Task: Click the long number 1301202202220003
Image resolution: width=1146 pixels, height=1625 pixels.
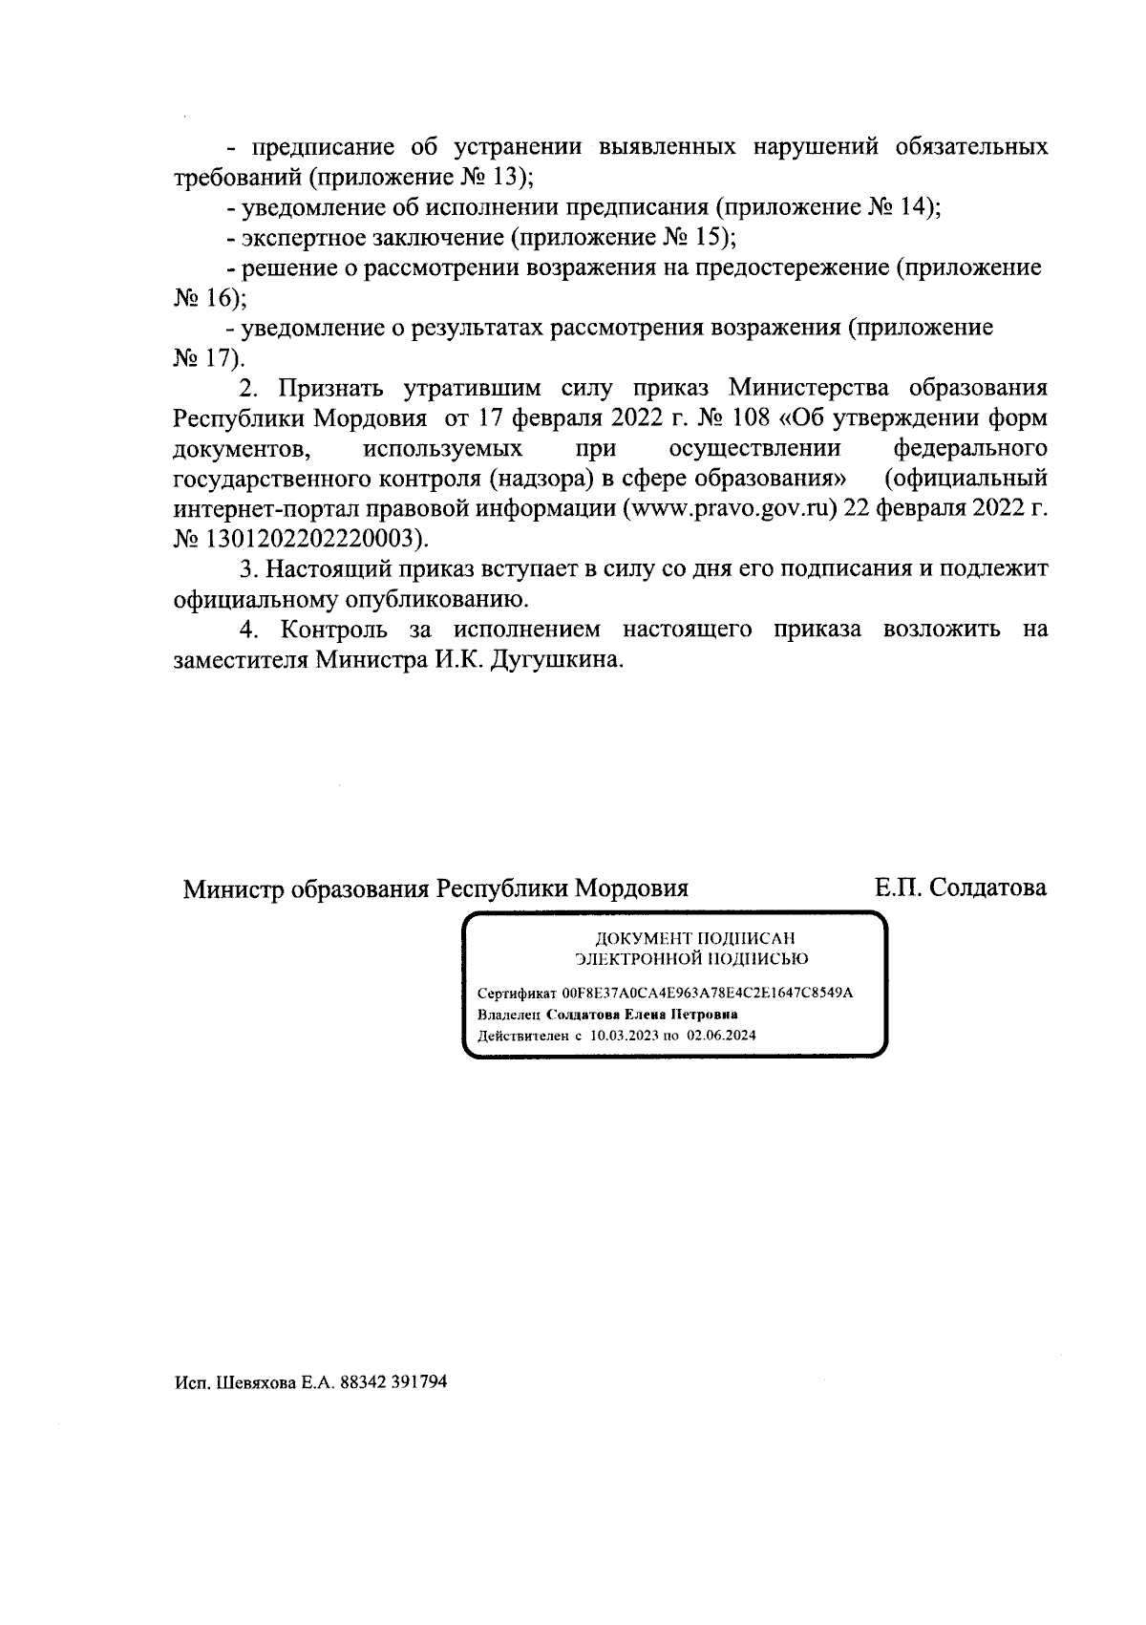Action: coord(308,538)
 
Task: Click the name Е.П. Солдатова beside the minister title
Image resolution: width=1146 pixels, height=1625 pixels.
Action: coord(961,887)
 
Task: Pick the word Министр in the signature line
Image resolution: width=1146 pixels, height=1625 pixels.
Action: coord(233,889)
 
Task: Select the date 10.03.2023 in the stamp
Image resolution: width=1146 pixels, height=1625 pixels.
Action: coord(625,1035)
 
